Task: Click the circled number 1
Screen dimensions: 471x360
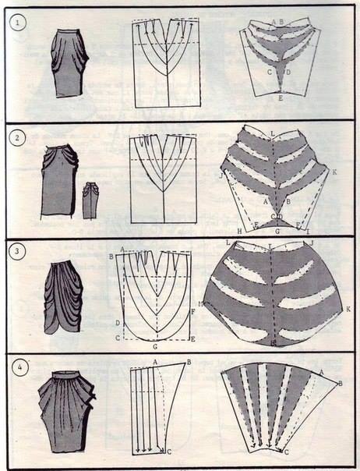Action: (x=16, y=23)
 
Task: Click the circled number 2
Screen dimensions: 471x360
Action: (x=16, y=140)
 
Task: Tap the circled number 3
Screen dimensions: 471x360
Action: (x=16, y=253)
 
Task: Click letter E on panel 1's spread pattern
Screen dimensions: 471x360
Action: (x=281, y=99)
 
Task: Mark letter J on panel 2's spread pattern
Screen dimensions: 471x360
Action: (x=221, y=177)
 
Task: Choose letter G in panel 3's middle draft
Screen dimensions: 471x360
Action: (x=156, y=344)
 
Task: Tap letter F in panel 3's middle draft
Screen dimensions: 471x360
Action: (x=192, y=311)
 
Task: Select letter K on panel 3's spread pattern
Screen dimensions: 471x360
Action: (x=348, y=309)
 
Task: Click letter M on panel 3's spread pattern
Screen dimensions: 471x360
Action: (x=201, y=303)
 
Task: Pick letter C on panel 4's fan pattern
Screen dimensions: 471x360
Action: (x=286, y=452)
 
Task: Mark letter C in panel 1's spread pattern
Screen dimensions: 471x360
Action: (x=269, y=72)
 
